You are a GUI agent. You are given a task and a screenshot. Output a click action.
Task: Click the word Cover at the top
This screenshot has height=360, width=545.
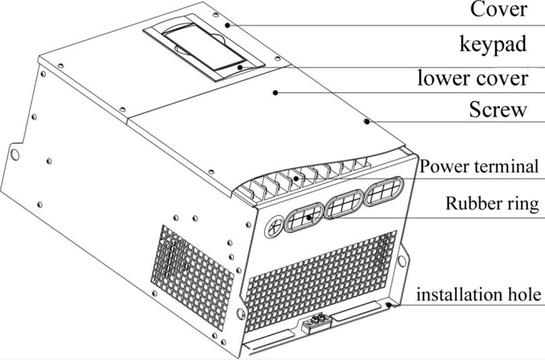[x=499, y=10]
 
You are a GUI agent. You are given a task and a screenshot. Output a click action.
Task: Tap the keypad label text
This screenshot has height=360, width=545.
[x=493, y=45]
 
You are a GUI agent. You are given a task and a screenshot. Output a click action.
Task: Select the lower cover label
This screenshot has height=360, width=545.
[x=472, y=78]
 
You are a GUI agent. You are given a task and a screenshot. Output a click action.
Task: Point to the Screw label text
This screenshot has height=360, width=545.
[x=498, y=109]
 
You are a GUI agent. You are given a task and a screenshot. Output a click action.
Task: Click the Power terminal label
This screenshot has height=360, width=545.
[x=479, y=167]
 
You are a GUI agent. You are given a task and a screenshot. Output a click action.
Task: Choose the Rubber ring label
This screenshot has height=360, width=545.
[x=493, y=203]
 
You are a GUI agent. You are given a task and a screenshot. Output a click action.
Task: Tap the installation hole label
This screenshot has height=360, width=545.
[x=479, y=294]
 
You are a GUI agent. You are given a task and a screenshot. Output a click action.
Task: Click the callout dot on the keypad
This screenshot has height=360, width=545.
[x=240, y=67]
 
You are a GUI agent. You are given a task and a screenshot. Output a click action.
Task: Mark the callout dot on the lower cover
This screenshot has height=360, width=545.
[x=275, y=93]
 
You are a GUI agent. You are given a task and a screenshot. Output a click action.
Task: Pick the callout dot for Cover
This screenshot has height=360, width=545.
[x=227, y=25]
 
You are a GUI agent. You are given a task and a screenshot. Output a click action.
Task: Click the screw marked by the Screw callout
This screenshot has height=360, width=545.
[x=367, y=122]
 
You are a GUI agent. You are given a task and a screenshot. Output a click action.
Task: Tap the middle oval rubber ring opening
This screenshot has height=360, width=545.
[x=344, y=205]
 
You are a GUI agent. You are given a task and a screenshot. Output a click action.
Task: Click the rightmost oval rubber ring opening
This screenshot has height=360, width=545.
[x=384, y=191]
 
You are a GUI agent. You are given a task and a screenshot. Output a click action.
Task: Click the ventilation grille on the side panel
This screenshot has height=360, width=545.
[x=192, y=277]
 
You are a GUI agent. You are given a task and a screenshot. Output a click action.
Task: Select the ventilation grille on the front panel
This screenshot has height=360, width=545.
[x=321, y=280]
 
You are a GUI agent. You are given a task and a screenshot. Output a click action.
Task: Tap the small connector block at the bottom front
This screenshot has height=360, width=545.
[x=316, y=323]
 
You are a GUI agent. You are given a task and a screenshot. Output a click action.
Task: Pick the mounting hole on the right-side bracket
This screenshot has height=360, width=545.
[x=402, y=260]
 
